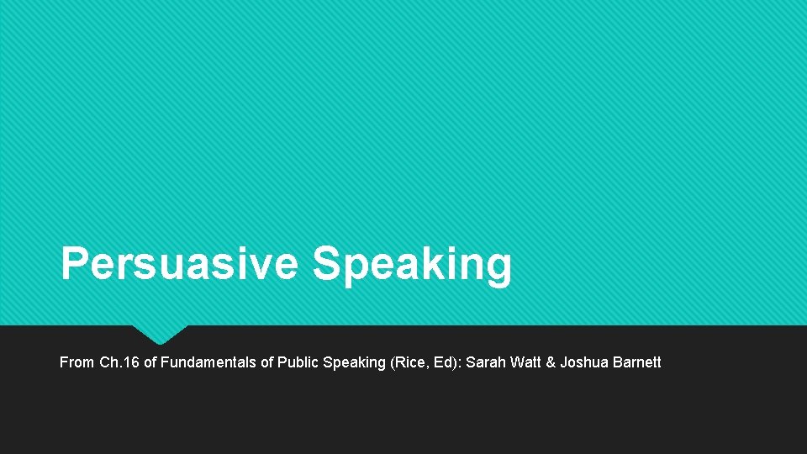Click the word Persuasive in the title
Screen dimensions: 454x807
179,264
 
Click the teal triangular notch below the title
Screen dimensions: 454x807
160,334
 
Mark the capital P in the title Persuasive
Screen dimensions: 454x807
72,264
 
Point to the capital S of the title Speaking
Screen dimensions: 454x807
326,264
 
